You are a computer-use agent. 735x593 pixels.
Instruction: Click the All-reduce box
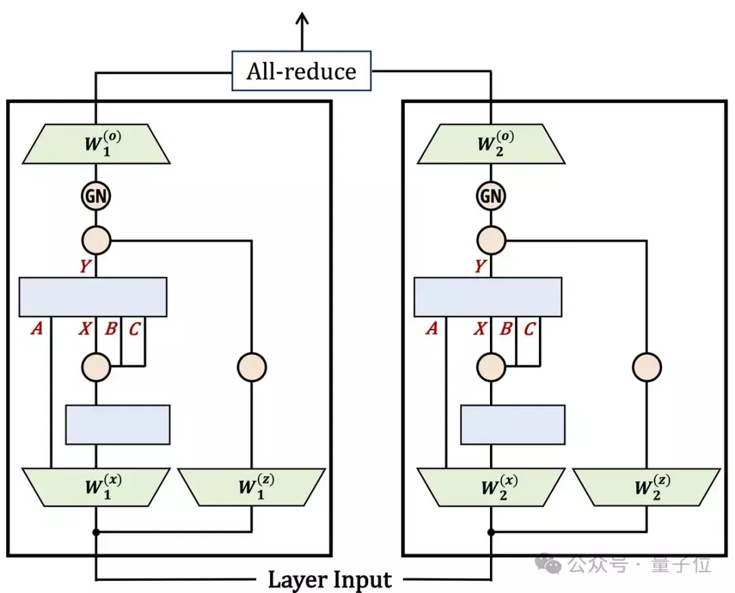pos(301,71)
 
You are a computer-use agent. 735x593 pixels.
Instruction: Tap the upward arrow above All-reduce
pos(302,32)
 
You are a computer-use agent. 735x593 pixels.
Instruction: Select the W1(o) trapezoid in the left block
pos(96,144)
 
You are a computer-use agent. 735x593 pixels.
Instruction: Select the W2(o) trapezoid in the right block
pos(491,144)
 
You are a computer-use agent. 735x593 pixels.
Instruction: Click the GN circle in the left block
pos(96,195)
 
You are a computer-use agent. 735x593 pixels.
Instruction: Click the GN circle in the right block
pos(491,195)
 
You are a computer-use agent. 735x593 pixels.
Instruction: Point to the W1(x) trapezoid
pos(96,487)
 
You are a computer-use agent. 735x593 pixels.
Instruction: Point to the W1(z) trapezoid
pos(252,487)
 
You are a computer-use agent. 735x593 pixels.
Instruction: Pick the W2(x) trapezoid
pos(491,487)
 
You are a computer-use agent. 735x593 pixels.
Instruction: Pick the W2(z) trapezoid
pos(647,487)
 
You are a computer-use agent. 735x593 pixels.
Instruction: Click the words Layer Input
pos(329,579)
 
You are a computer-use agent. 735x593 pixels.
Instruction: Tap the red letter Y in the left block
pos(85,266)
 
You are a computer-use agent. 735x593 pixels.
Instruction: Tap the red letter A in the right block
pos(431,328)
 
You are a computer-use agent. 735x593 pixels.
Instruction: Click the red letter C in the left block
pos(134,329)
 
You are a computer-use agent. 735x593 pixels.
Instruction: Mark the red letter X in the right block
pos(480,328)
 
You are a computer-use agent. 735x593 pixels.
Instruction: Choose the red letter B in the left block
pos(111,328)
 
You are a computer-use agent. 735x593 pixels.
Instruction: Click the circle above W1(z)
pos(252,367)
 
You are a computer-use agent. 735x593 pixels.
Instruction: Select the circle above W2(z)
pos(647,367)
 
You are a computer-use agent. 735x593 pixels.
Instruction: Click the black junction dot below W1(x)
pos(96,532)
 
